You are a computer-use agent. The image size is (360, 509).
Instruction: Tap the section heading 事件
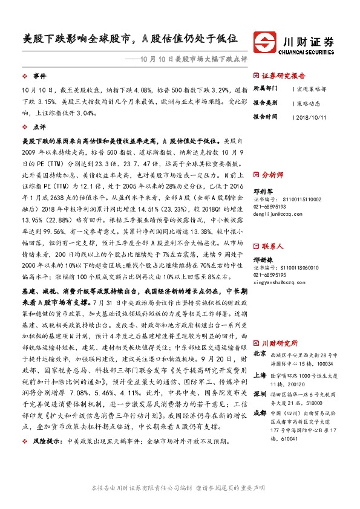coord(39,76)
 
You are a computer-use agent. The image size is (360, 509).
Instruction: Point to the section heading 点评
coord(39,128)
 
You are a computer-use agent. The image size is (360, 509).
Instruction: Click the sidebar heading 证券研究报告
coord(283,76)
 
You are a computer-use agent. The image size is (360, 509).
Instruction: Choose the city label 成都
coord(259,413)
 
